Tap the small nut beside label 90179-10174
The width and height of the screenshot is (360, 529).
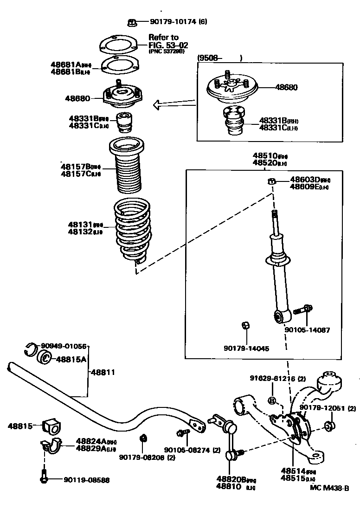pyautogui.click(x=131, y=21)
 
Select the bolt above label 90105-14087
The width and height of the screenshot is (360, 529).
pyautogui.click(x=308, y=309)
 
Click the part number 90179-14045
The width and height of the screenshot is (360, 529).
pyautogui.click(x=246, y=348)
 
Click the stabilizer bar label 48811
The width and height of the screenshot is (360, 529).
pyautogui.click(x=103, y=372)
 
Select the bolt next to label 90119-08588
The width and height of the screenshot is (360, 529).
pyautogui.click(x=44, y=478)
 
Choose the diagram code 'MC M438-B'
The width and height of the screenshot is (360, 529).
pyautogui.click(x=329, y=488)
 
